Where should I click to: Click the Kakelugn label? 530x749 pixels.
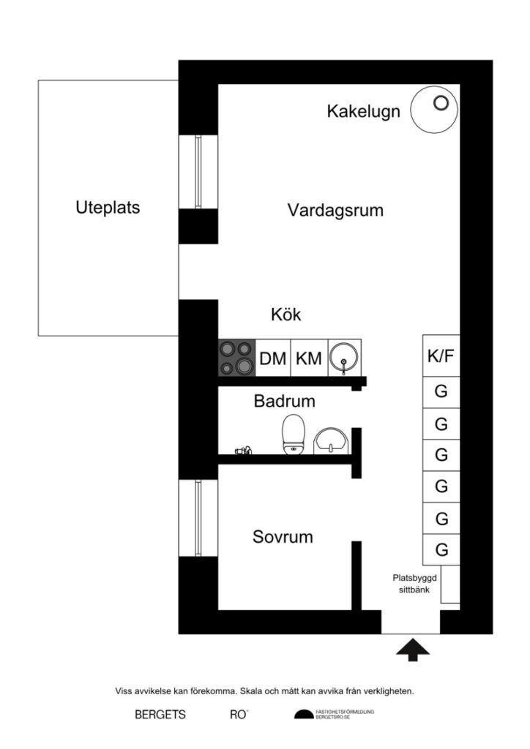tap(363, 112)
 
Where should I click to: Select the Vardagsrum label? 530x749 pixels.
tap(335, 211)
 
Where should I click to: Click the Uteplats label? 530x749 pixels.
tap(108, 207)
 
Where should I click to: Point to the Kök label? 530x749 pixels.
tap(285, 315)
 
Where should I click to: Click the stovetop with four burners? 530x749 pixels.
tap(236, 358)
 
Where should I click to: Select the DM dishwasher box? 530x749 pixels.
tap(272, 358)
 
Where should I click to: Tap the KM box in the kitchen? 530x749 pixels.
tap(308, 358)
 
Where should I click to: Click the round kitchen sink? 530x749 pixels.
tap(343, 358)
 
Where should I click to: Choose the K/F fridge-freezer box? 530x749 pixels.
tap(441, 356)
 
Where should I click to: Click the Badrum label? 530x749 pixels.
tap(284, 402)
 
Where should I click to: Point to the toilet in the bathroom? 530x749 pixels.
tap(293, 434)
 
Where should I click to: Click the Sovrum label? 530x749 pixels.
tap(283, 537)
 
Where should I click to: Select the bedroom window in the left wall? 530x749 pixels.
tap(198, 517)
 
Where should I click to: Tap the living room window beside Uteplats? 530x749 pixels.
tap(198, 172)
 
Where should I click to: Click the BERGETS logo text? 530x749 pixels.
tap(160, 715)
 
